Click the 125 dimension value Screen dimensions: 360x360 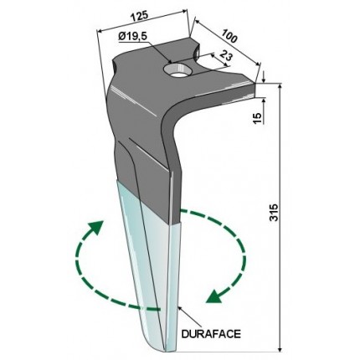[x=139, y=17]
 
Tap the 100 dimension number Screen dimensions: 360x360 [x=229, y=36]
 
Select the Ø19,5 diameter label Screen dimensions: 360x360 [x=133, y=37]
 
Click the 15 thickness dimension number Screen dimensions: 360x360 [x=258, y=118]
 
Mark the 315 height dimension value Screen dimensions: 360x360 [x=275, y=213]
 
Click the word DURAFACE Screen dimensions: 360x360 [x=211, y=334]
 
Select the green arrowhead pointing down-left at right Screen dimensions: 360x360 [x=214, y=296]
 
